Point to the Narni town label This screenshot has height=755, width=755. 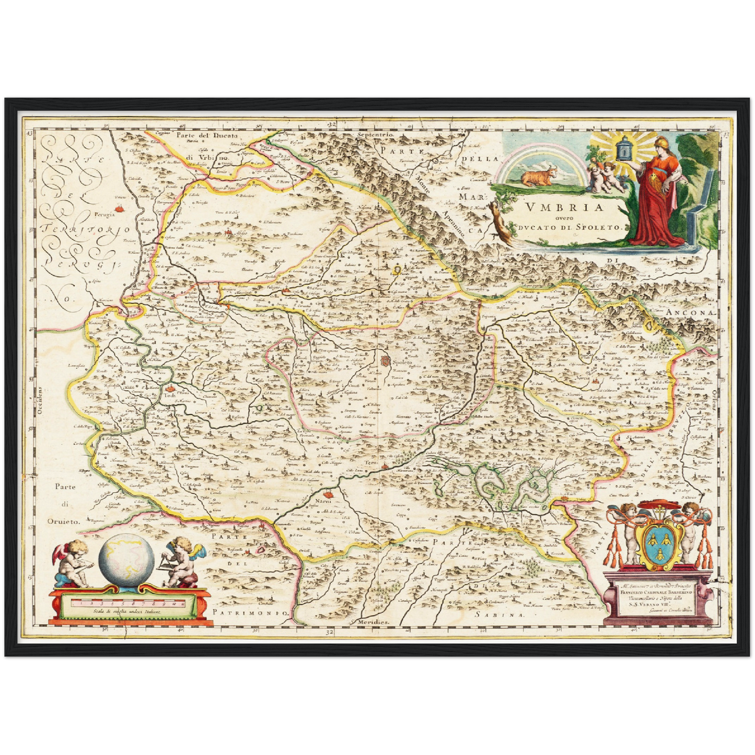point(323,502)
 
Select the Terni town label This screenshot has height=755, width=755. point(371,463)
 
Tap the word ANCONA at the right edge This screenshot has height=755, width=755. point(690,312)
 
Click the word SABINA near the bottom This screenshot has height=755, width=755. point(498,615)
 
